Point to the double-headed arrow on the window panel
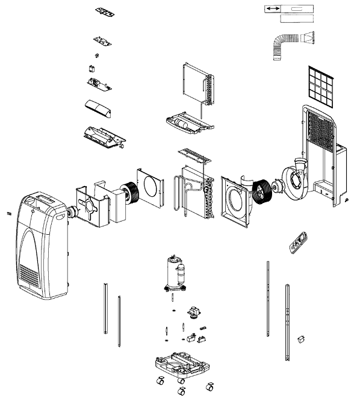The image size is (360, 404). pyautogui.click(x=272, y=9)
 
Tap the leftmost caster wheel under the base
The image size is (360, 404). pyautogui.click(x=161, y=382)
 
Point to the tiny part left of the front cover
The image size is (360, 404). pyautogui.click(x=9, y=213)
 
